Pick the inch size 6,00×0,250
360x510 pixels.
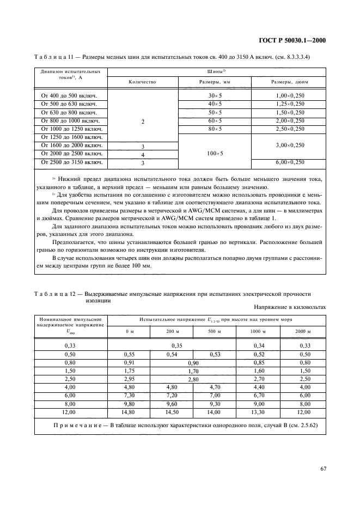click(290, 162)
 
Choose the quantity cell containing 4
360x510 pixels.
click(143, 154)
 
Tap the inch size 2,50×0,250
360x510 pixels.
click(290, 129)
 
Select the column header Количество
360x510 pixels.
click(143, 82)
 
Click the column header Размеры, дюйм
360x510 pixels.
click(290, 82)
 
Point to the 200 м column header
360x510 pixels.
click(173, 331)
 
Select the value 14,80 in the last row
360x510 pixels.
click(129, 412)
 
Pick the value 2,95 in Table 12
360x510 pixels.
click(129, 379)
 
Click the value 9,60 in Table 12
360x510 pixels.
click(173, 404)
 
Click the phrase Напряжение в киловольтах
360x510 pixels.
click(289, 307)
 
